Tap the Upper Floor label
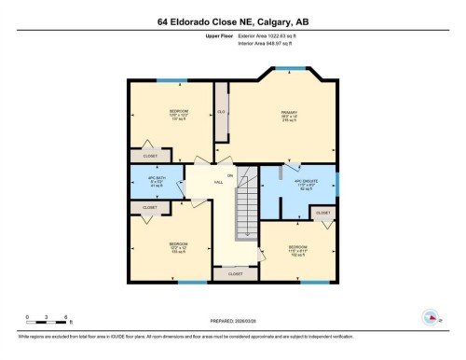pyautogui.click(x=219, y=35)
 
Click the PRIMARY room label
pyautogui.click(x=289, y=117)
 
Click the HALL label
pyautogui.click(x=217, y=180)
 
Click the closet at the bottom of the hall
pyautogui.click(x=235, y=274)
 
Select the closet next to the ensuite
pyautogui.click(x=322, y=214)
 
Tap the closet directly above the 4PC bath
pyautogui.click(x=150, y=156)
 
